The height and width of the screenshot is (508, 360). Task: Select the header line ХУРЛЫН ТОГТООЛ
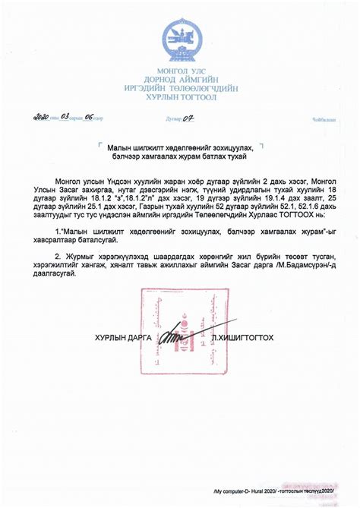point(179,97)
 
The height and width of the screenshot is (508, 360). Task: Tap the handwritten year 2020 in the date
point(39,118)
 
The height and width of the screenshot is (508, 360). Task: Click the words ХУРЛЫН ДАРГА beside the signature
point(123,336)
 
